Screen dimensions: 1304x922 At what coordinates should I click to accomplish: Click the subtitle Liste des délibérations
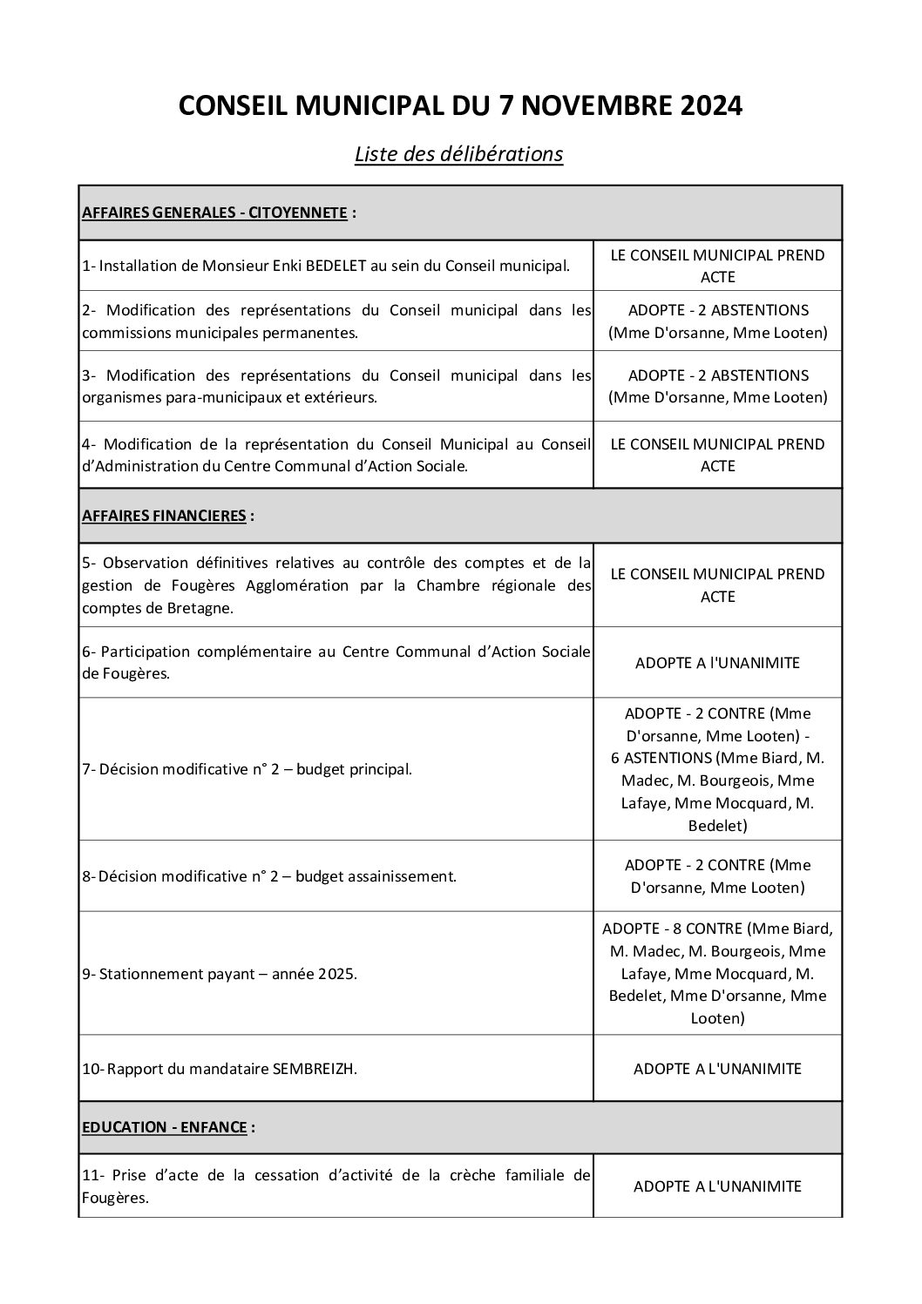click(x=458, y=154)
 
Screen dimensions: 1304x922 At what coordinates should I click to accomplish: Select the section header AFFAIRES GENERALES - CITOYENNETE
click(x=214, y=213)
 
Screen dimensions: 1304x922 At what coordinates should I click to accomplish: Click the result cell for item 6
click(x=717, y=663)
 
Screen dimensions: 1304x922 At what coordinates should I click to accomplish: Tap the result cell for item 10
click(x=717, y=1069)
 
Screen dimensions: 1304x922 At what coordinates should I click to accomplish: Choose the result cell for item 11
click(x=717, y=1186)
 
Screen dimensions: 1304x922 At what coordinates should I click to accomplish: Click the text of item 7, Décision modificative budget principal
click(x=247, y=769)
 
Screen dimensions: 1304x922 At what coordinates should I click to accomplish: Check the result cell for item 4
click(x=717, y=456)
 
